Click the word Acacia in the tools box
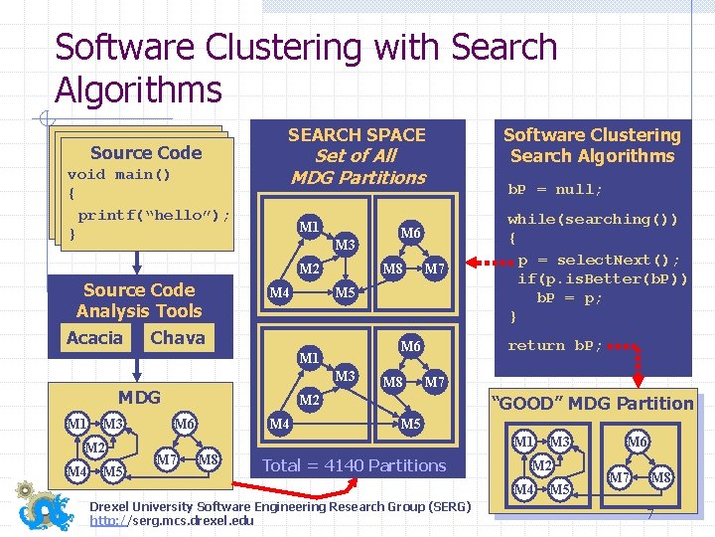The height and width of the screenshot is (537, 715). point(94,338)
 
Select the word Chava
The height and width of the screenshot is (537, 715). point(177,338)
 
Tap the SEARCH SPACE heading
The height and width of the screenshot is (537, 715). point(357,135)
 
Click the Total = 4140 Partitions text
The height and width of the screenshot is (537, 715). point(354,465)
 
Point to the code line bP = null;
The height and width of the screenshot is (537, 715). point(555,189)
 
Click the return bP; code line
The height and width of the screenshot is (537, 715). point(555,345)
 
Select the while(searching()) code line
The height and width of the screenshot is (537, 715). point(593,219)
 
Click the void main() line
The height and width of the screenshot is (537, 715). point(119,174)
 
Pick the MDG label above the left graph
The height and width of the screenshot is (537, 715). point(139,397)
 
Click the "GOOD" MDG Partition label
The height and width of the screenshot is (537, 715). point(593,403)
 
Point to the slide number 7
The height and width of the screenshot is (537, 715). point(649,514)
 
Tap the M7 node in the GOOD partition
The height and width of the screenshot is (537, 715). point(620,479)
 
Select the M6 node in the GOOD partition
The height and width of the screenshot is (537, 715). point(638,441)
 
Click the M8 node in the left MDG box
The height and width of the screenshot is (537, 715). point(208,459)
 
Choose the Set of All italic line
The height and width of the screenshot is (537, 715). point(356,156)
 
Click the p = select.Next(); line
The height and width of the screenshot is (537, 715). point(599,260)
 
